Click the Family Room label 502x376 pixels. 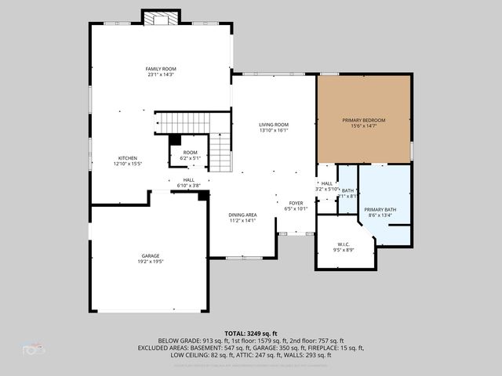(x=158, y=69)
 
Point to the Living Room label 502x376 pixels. (x=274, y=125)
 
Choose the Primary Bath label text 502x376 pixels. (x=380, y=210)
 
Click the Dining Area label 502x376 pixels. (x=242, y=215)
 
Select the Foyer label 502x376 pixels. (x=296, y=203)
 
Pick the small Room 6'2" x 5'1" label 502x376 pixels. (x=190, y=153)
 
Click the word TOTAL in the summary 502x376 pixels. (x=236, y=333)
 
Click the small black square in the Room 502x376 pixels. (x=175, y=140)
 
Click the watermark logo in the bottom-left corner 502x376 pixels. (x=33, y=347)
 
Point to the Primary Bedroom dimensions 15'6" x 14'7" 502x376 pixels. (x=363, y=126)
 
